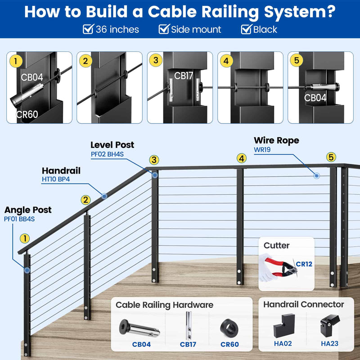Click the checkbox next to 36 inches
tap(88, 30)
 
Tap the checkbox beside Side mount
tap(164, 30)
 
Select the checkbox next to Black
tap(246, 30)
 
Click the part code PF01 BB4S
tap(19, 219)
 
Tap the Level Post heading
tap(112, 145)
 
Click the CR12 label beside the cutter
tap(304, 264)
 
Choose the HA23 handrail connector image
tap(329, 325)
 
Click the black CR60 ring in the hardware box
tap(229, 328)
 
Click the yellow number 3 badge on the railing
tap(154, 160)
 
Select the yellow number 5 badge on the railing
tap(331, 157)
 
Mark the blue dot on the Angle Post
tap(28, 270)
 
